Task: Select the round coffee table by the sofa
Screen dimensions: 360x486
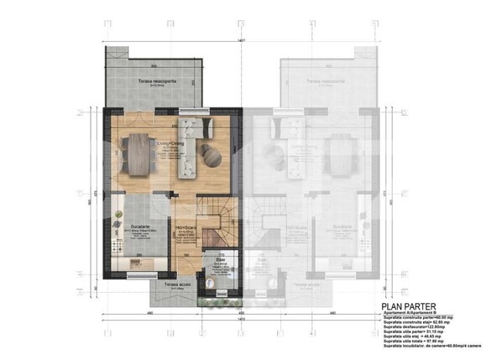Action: (209, 154)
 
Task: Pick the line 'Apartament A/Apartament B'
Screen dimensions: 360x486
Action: (409, 313)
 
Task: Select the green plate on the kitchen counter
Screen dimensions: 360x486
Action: (138, 270)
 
